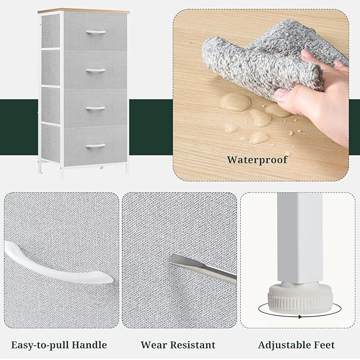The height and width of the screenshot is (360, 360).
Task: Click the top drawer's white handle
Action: (96, 32)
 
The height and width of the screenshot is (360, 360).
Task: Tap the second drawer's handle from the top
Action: (96, 71)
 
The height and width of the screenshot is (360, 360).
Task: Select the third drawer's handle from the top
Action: (96, 108)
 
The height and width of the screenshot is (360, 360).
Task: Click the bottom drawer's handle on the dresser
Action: (95, 146)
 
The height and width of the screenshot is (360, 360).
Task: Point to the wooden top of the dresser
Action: (84, 11)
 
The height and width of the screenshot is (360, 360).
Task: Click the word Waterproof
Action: (257, 160)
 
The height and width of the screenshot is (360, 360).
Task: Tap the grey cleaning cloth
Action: (271, 57)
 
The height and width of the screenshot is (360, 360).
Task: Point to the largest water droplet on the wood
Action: (235, 102)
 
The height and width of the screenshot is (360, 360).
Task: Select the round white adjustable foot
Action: (300, 297)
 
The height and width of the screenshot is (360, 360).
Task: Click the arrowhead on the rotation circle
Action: (300, 317)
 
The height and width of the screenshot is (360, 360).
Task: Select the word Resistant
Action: (194, 345)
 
